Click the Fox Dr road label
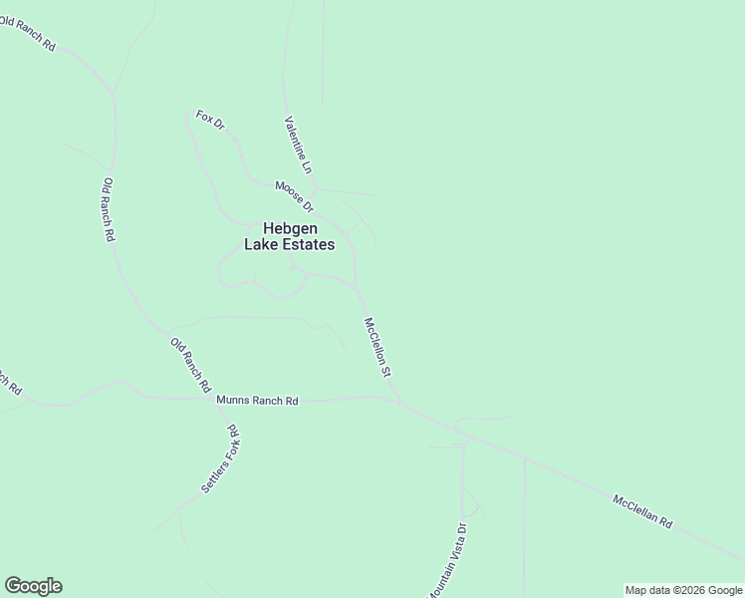210,120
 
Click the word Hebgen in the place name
290,227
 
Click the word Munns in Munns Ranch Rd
234,401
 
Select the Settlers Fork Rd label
220,460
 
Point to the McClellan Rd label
642,512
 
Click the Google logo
33,586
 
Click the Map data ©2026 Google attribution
683,590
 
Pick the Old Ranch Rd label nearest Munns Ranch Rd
190,364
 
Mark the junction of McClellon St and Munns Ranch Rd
399,402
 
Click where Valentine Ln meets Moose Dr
315,189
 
